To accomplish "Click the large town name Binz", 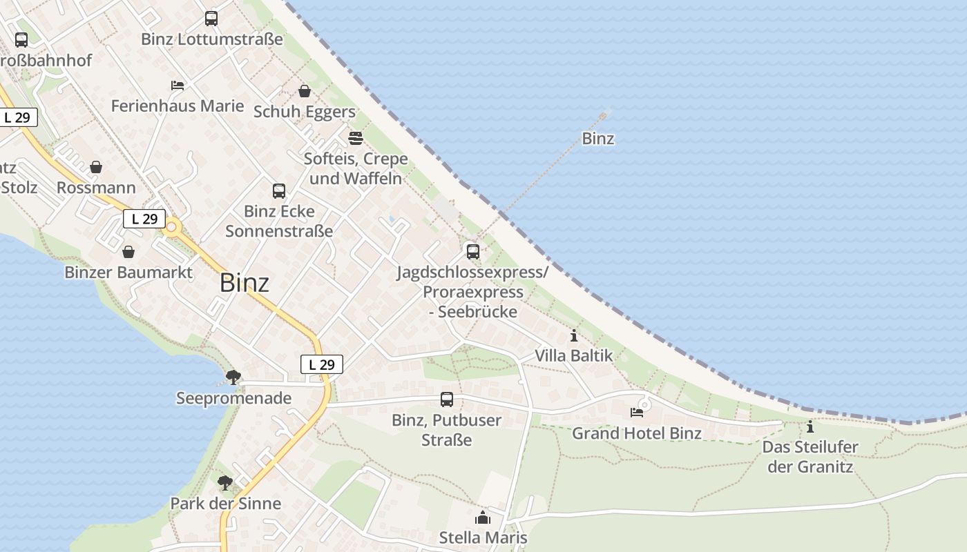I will coord(245,283).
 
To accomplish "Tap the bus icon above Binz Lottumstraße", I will coord(211,19).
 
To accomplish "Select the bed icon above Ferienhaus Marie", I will coord(178,86).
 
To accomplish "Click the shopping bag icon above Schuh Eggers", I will coord(304,90).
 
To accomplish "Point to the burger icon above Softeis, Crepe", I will coord(356,139).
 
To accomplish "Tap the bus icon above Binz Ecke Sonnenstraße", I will coord(279,191).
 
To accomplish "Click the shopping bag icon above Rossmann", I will coord(96,167).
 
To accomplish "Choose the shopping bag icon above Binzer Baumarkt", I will coord(128,252).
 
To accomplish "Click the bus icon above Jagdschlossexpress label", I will coord(473,251).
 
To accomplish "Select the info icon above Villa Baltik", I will coord(574,336).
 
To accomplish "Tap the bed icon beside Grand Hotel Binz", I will coord(637,413).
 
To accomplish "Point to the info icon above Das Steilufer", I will coord(810,426).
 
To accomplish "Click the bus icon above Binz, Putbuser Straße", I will coord(447,400).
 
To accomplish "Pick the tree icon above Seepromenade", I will coord(233,377).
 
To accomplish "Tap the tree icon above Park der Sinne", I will coord(225,483).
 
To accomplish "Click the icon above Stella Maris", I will coord(483,517).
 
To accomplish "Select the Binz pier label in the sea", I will coord(598,139).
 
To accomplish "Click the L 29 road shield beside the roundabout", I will coord(144,219).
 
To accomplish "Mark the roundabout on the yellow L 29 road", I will coord(171,226).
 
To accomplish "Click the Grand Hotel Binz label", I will coord(637,433).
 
